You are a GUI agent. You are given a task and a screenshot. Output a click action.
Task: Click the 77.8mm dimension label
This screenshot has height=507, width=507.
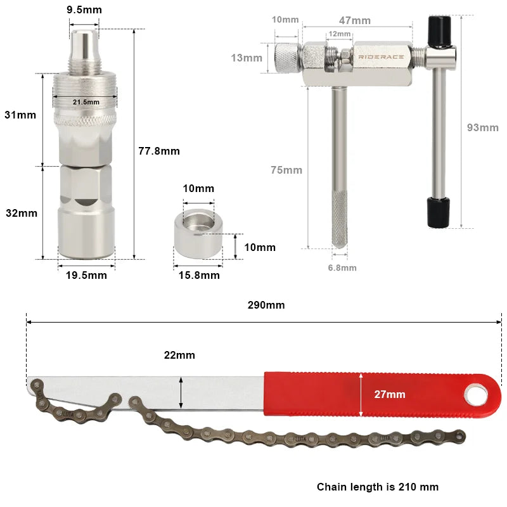click(159, 151)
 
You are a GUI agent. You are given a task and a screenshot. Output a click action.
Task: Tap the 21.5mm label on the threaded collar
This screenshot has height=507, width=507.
click(86, 102)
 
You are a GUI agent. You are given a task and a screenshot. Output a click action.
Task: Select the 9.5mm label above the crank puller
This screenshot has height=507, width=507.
click(84, 10)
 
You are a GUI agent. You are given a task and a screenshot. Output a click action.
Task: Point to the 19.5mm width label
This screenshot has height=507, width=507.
click(86, 275)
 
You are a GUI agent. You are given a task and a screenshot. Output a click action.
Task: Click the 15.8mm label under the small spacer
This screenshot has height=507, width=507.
click(199, 275)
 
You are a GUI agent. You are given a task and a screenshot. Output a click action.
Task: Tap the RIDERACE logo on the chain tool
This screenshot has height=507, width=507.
click(381, 57)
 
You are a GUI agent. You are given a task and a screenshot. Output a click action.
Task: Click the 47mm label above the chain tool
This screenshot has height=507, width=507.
click(355, 20)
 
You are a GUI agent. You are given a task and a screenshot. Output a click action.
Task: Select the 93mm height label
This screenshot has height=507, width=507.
click(483, 127)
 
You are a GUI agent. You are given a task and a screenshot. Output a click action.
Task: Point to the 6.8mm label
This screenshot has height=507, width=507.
click(342, 267)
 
